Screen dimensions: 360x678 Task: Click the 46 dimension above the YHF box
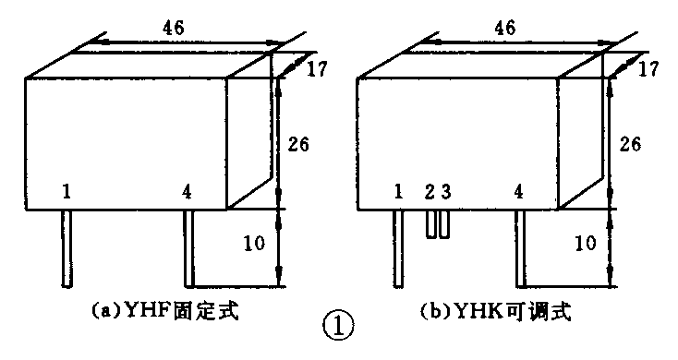[172, 28]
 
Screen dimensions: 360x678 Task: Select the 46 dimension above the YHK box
[504, 28]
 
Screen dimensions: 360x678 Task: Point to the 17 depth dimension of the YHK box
[648, 67]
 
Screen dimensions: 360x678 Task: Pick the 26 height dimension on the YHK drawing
[629, 144]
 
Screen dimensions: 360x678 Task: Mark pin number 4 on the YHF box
[188, 192]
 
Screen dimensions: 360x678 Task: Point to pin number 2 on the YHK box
[429, 192]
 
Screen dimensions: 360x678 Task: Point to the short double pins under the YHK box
[437, 224]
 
